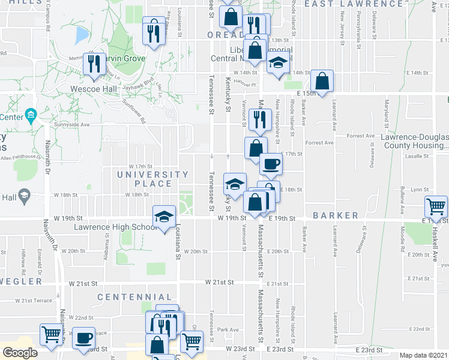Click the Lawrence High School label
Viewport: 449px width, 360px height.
tap(116, 227)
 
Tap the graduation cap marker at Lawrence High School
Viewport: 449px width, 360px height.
tap(164, 218)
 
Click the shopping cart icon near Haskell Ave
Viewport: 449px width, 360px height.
tap(436, 207)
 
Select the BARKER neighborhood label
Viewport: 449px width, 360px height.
tap(343, 215)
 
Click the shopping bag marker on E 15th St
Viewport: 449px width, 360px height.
tap(322, 81)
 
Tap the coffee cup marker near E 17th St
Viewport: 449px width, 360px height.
tap(270, 164)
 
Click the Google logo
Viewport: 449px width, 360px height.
tap(20, 352)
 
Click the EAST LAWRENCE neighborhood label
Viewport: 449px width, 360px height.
tap(354, 4)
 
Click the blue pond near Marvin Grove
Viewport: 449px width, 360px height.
tap(81, 36)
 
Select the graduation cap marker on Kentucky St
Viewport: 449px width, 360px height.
tap(235, 184)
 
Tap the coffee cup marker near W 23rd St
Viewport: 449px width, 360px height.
tap(84, 338)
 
